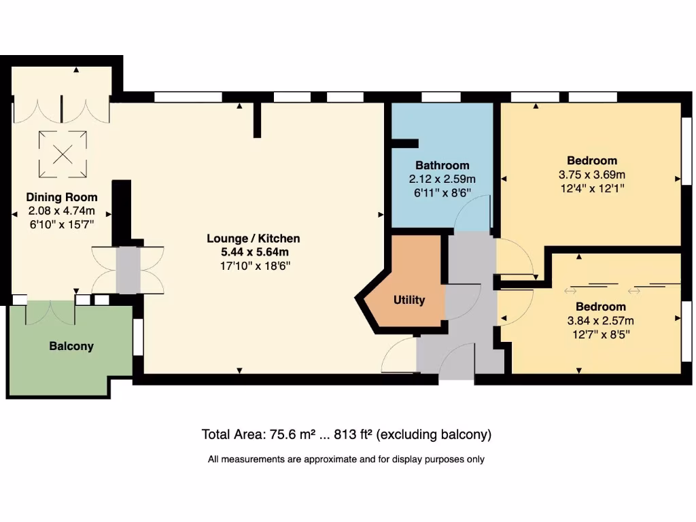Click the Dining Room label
(62, 198)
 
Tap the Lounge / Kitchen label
(253, 239)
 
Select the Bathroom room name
(442, 165)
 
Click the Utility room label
(409, 300)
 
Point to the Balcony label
(71, 346)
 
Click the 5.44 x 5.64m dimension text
(253, 252)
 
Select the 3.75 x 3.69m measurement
(592, 175)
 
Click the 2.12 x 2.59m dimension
(442, 179)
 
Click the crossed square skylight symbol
(63, 154)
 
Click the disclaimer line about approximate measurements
(346, 459)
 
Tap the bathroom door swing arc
(472, 212)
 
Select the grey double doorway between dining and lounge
(128, 270)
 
